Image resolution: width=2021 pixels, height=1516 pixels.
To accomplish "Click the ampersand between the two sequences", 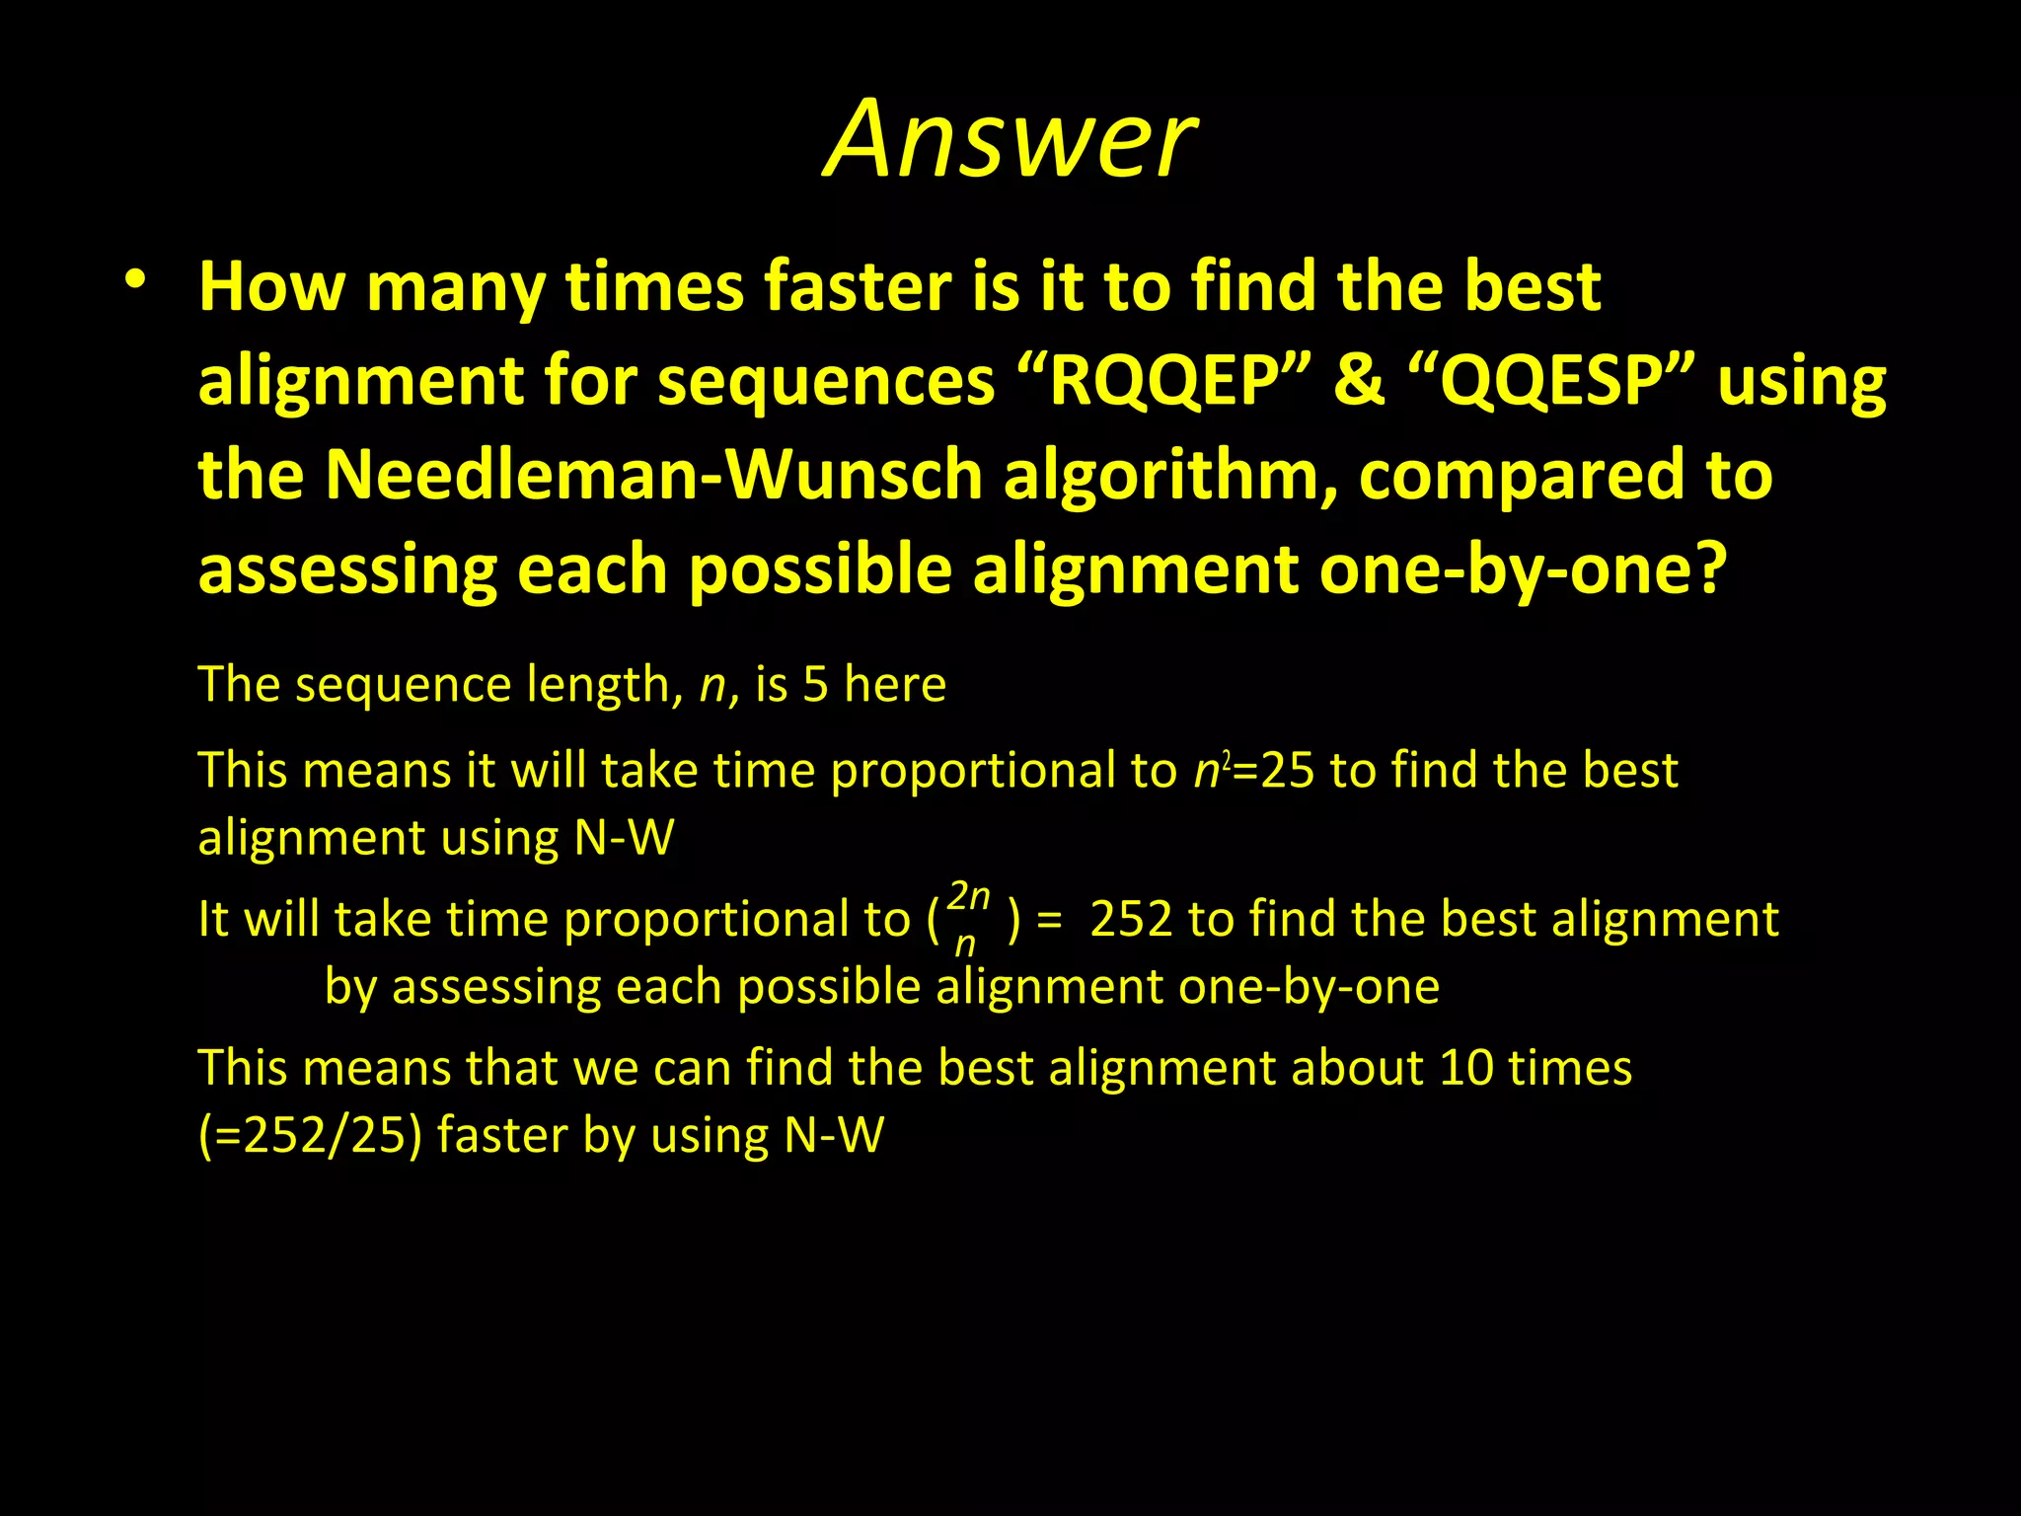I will coord(1359,381).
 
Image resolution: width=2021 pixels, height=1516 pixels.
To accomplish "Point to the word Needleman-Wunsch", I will coord(653,475).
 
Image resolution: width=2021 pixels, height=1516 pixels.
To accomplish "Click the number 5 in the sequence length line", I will coord(815,684).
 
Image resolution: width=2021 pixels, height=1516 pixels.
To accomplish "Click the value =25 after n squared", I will coord(1274,770).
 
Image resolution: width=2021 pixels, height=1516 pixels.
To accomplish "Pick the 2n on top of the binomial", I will coord(968,896).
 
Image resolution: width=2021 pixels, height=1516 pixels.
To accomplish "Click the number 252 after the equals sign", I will coord(1131,919).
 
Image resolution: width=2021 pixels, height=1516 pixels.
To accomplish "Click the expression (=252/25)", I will coord(310,1135).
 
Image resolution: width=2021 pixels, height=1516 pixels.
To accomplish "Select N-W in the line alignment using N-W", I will coord(625,838).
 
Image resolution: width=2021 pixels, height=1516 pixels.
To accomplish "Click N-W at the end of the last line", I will coord(834,1135).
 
